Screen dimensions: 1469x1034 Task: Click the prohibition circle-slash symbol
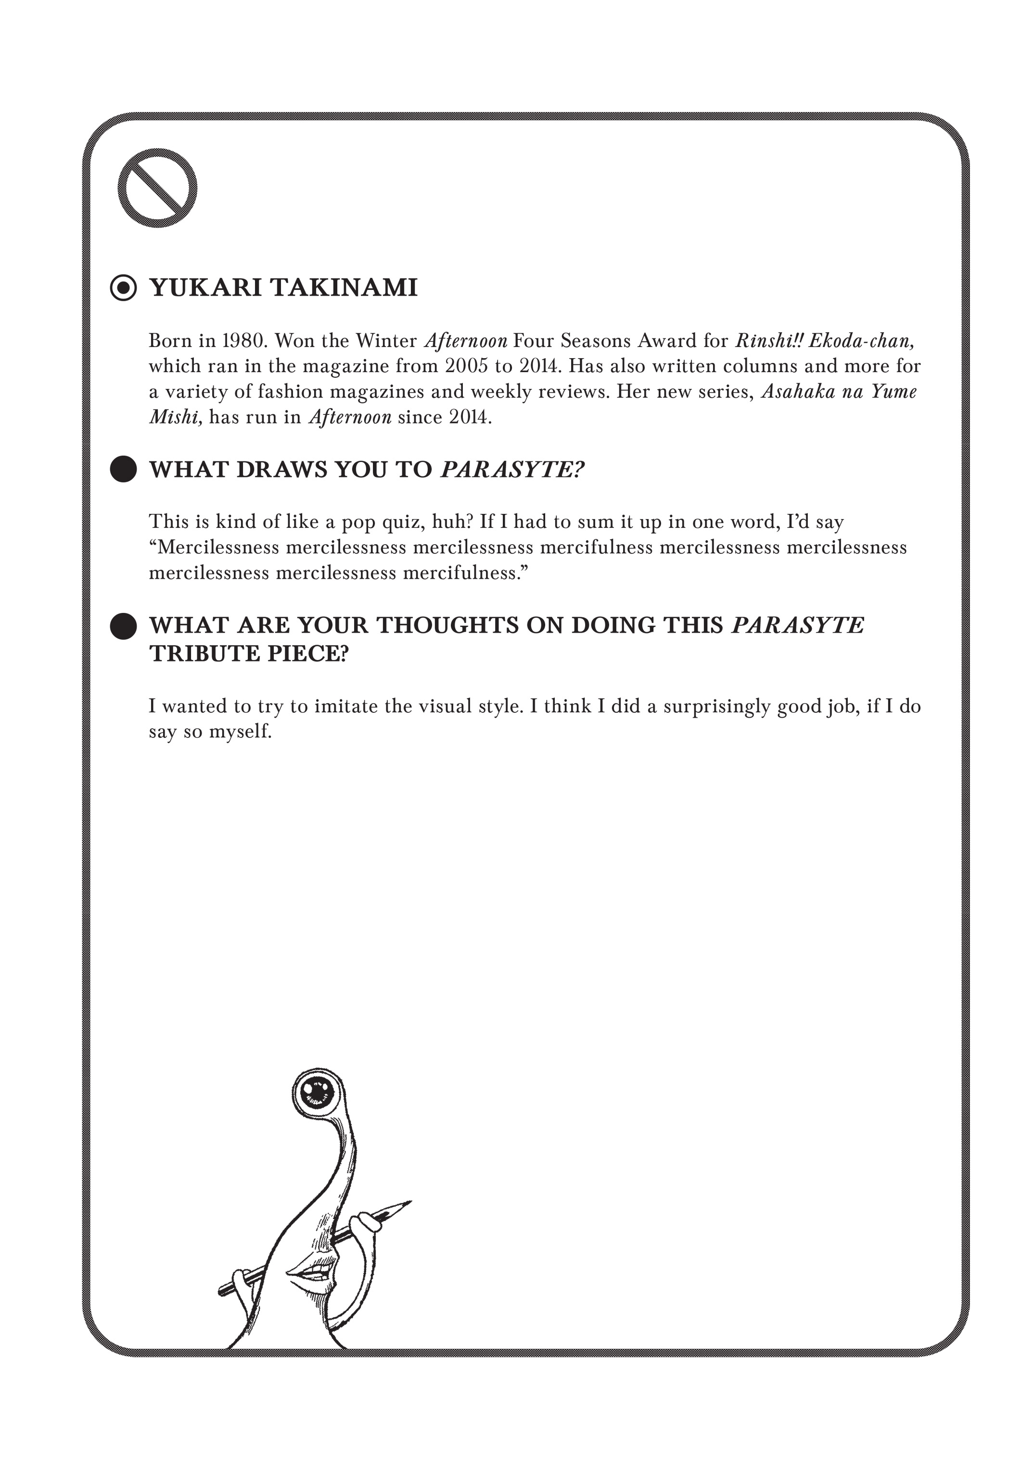157,188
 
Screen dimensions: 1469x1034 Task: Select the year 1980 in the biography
242,340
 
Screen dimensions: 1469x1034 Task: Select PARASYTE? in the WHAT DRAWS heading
513,470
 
